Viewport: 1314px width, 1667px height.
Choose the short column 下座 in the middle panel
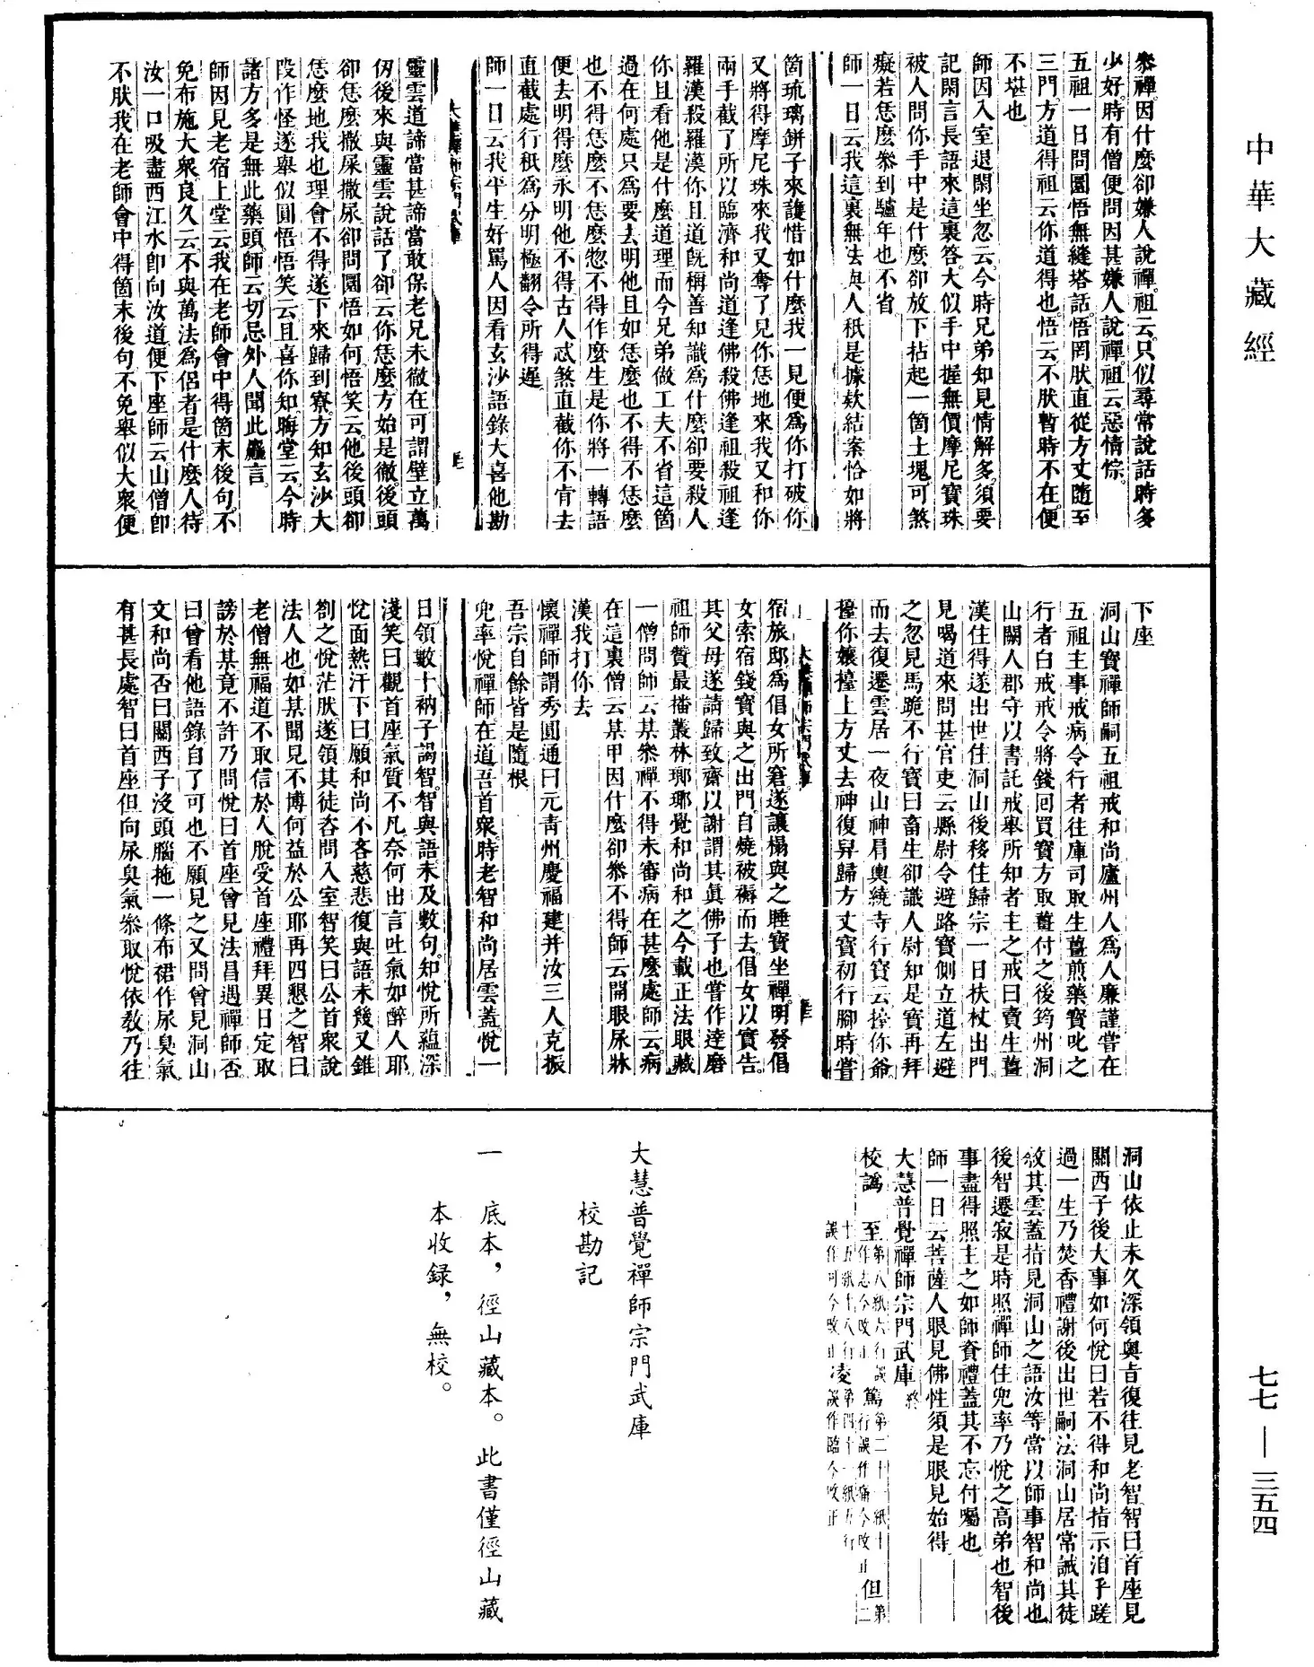(x=1143, y=623)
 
